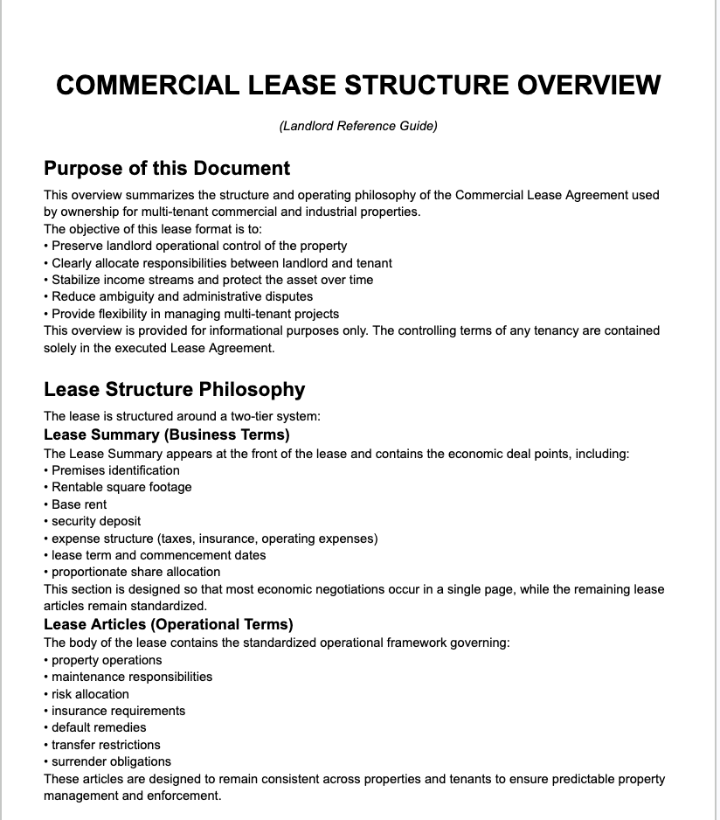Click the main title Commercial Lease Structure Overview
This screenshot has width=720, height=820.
pos(358,86)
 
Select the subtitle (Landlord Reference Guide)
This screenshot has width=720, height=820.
pos(358,126)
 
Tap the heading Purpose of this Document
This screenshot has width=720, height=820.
pos(167,168)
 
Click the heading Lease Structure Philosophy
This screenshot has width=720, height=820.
pos(175,390)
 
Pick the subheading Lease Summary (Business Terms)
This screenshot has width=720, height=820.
pos(166,434)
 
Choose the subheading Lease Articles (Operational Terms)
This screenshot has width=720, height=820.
pos(168,624)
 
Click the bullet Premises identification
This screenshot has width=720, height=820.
pos(115,470)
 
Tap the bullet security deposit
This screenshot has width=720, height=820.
pos(96,521)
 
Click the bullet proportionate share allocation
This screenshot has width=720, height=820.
pos(135,573)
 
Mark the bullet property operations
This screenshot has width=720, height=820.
pos(107,660)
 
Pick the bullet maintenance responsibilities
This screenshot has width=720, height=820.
pos(132,677)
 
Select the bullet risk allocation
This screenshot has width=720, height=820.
pos(90,694)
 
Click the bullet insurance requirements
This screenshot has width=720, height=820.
pos(118,711)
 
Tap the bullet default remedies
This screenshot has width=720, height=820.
pos(99,727)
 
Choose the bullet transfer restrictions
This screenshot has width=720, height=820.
pos(106,745)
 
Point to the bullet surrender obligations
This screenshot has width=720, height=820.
pos(111,761)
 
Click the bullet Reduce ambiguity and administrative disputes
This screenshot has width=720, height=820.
pos(182,297)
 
